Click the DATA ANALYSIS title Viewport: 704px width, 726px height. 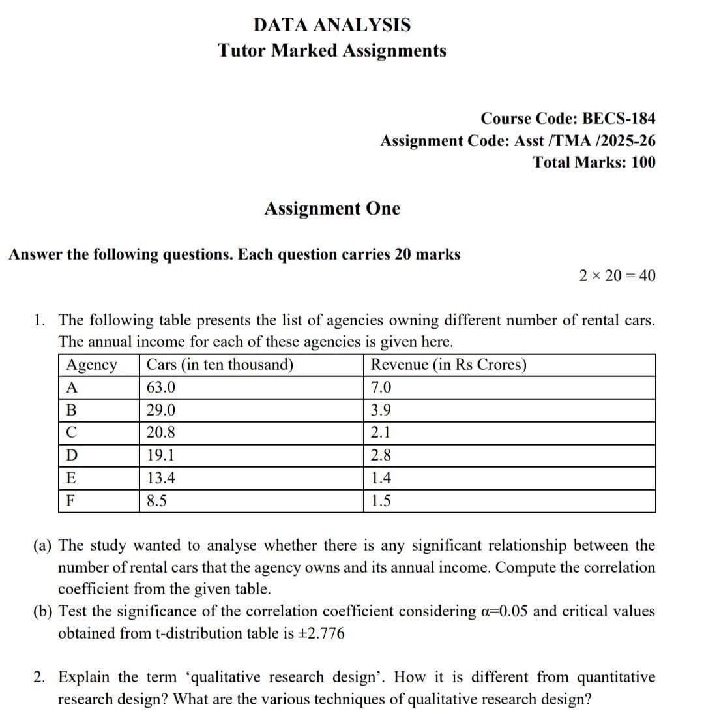coord(332,25)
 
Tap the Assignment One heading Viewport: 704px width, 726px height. coord(332,209)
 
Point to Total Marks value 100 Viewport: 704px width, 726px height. coord(643,162)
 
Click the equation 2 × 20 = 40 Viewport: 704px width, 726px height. coord(617,276)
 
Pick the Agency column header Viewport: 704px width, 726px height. coord(92,365)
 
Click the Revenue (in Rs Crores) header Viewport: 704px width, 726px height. coord(448,365)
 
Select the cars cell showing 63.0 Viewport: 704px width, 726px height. coord(161,388)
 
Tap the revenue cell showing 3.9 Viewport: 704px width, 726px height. coord(381,411)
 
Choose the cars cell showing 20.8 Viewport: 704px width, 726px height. coord(161,433)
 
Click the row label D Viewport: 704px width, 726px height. coord(72,456)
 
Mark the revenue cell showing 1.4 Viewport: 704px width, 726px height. coord(381,478)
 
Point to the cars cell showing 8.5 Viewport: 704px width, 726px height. coord(157,501)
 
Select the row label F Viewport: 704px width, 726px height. coord(72,501)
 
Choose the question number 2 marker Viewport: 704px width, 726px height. coord(40,677)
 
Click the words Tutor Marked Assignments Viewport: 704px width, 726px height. coord(332,50)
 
